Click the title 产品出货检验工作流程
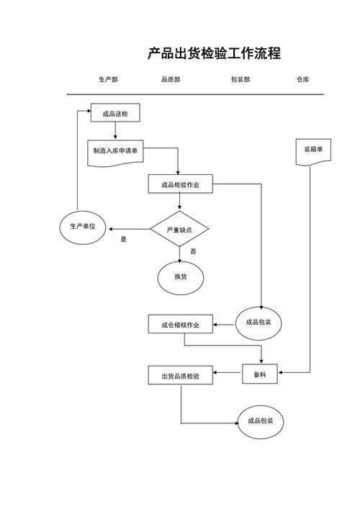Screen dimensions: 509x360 [214, 53]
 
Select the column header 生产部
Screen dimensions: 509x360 [109, 80]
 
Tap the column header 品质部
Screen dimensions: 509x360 [171, 80]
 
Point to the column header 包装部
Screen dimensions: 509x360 [240, 80]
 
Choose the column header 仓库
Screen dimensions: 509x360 [303, 80]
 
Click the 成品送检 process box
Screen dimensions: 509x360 [115, 114]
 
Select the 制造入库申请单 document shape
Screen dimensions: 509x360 [115, 152]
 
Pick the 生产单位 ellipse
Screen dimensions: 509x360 [83, 227]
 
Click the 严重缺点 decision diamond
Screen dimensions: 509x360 [179, 230]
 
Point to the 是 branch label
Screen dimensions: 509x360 [123, 240]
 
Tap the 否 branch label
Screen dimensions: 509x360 [193, 251]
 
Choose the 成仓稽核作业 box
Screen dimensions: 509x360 [180, 325]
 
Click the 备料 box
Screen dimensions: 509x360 [260, 374]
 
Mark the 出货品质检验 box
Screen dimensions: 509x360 [180, 376]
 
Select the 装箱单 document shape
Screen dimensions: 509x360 [313, 151]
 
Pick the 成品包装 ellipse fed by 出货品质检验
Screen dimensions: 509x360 [260, 421]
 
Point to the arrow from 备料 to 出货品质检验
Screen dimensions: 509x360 [228, 374]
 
